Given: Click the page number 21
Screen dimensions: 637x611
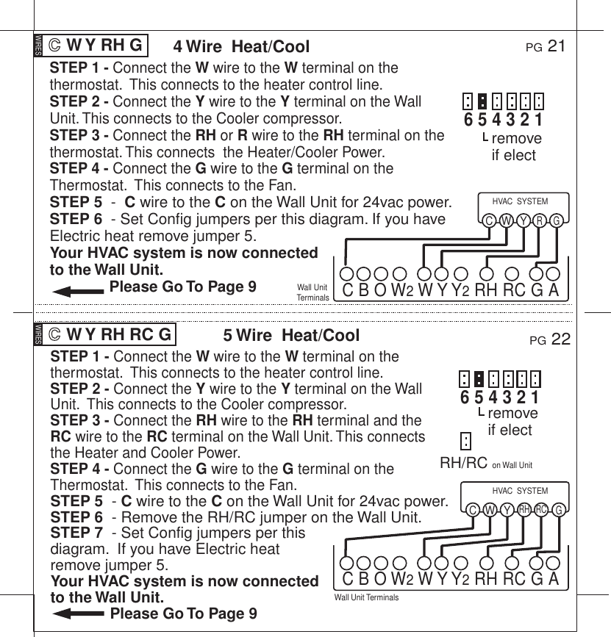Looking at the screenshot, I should (557, 47).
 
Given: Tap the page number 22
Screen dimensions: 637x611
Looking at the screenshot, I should (561, 339).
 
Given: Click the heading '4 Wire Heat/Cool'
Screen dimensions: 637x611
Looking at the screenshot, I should (241, 47).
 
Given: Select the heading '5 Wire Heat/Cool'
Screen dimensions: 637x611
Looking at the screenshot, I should (291, 337).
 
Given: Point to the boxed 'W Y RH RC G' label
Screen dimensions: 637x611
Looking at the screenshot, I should (110, 336).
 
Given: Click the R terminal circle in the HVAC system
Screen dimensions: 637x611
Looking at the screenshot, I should (540, 220).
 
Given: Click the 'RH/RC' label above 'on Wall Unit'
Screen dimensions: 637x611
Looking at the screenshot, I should (463, 464).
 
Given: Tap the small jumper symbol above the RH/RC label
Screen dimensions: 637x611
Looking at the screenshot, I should (465, 441).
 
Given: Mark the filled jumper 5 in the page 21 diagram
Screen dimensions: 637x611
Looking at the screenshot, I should (482, 101).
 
